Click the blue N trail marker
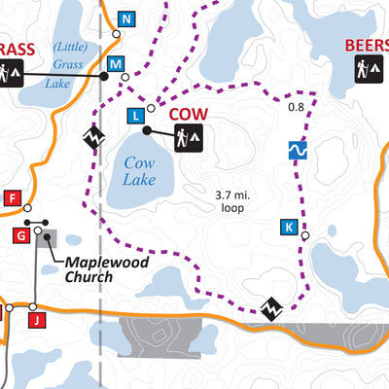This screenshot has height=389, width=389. [125, 18]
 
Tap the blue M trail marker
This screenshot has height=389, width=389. [116, 64]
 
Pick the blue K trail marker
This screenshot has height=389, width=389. [288, 227]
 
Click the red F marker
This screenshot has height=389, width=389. [13, 199]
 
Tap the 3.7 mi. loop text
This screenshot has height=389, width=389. [233, 200]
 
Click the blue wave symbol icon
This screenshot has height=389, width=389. [299, 151]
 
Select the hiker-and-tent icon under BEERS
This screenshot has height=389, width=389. [367, 70]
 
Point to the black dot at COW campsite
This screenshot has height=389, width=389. [146, 130]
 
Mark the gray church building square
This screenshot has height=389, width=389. [46, 239]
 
